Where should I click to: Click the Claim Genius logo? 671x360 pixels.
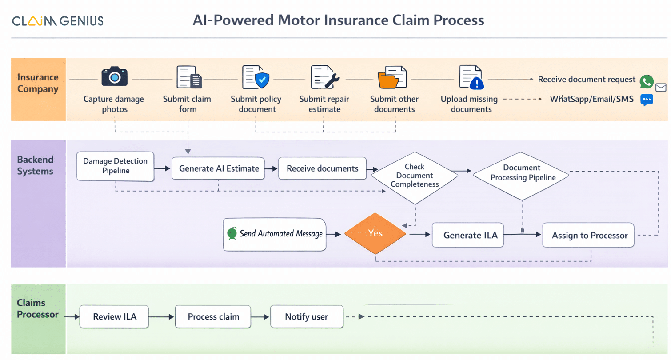tap(57, 21)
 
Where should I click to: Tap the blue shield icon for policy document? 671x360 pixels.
tap(262, 80)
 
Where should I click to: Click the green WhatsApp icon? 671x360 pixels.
tap(647, 81)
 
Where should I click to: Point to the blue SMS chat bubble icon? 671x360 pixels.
tap(647, 100)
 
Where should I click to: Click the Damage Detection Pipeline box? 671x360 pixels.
tap(115, 166)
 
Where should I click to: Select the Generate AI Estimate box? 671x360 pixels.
tap(218, 168)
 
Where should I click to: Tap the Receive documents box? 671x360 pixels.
tap(322, 168)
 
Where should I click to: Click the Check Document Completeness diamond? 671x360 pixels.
tap(414, 176)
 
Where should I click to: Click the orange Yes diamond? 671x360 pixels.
tap(375, 234)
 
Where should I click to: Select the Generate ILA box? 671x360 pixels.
tap(467, 235)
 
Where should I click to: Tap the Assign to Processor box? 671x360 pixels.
tap(589, 235)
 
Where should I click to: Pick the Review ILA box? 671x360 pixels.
tap(114, 317)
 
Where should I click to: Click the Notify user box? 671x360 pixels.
tap(307, 317)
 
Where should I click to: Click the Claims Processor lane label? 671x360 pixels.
tap(38, 308)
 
